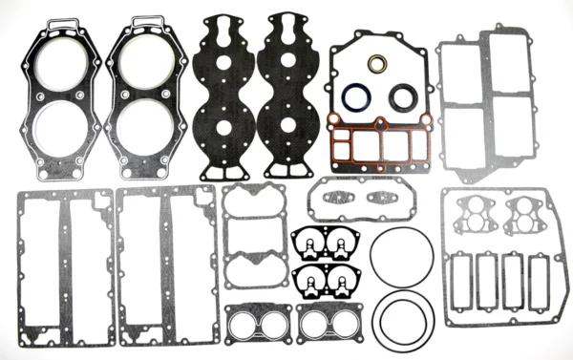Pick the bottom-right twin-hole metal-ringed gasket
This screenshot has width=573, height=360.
(329, 323)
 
